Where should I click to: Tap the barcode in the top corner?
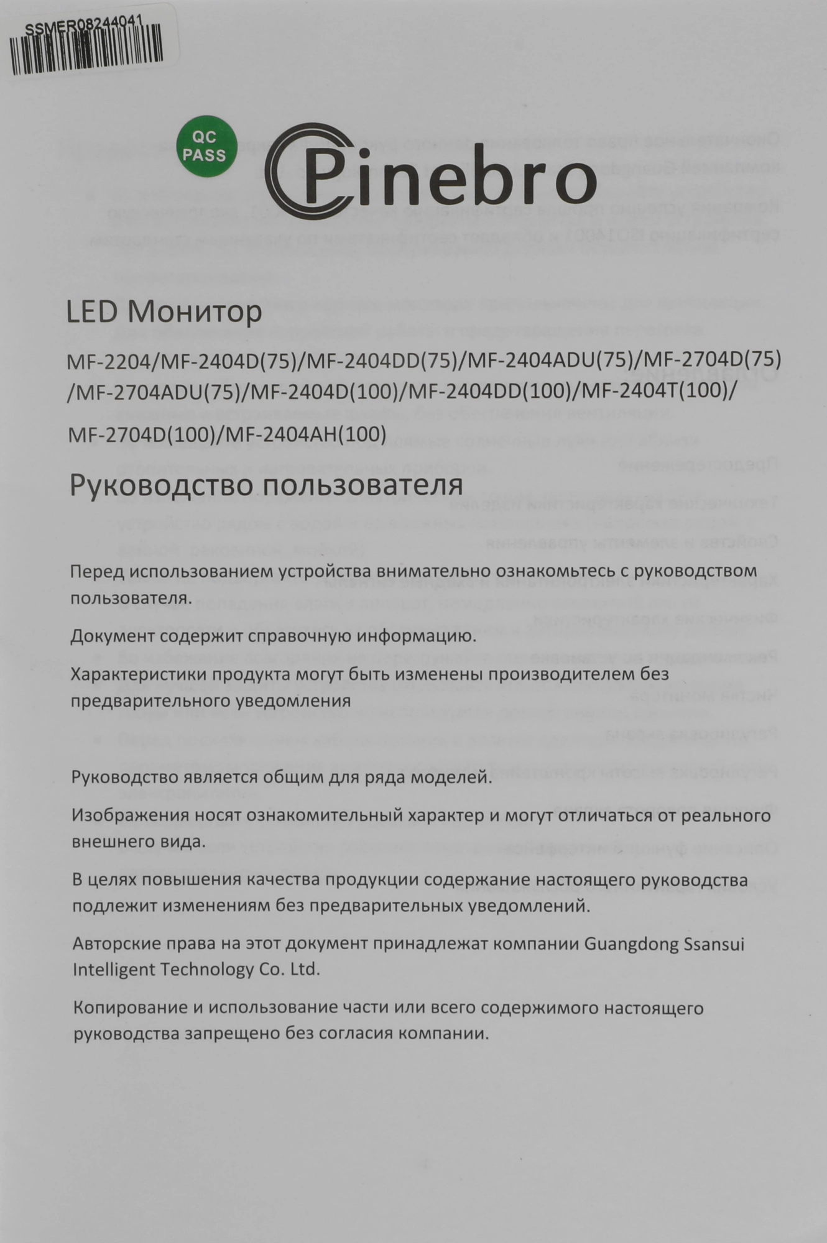click(x=87, y=50)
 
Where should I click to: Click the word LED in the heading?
click(x=91, y=313)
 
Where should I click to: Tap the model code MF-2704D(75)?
click(x=711, y=361)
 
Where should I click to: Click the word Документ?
click(x=111, y=636)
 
